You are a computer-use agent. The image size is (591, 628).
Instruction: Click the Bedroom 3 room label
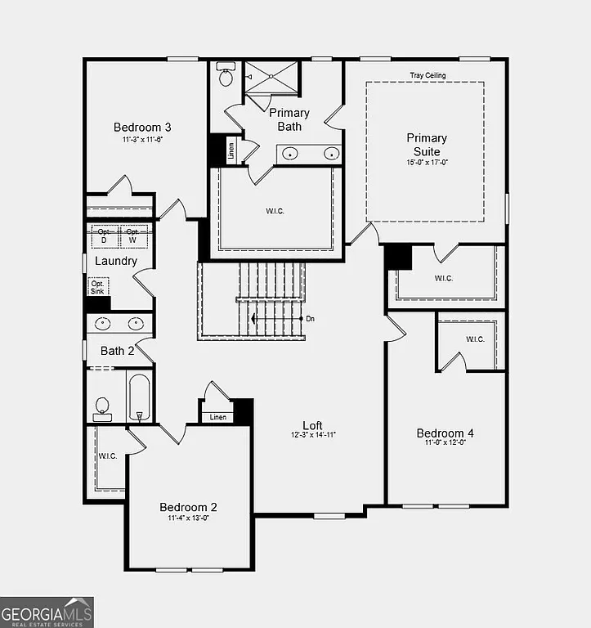click(142, 127)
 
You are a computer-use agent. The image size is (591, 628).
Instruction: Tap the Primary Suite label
click(427, 145)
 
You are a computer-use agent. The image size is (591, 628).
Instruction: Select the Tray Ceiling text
click(428, 76)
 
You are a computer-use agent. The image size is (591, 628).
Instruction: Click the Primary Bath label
click(289, 119)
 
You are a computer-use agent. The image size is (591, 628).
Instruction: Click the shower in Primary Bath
click(273, 78)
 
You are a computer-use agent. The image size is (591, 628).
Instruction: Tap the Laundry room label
click(116, 261)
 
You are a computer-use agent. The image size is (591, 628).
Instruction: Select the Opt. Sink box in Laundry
click(97, 286)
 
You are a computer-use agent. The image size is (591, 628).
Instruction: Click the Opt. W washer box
click(132, 236)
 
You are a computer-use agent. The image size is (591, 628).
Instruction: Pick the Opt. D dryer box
click(104, 236)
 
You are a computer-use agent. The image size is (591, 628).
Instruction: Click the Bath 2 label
click(117, 351)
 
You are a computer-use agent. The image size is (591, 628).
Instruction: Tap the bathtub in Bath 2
click(139, 397)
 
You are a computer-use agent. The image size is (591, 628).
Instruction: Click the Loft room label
click(312, 425)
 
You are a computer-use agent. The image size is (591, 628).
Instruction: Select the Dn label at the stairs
click(310, 318)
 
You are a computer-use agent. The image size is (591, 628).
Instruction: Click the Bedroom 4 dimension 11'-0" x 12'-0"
click(445, 443)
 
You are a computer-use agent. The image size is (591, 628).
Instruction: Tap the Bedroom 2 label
click(188, 507)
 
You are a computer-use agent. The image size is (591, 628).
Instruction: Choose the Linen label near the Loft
click(217, 417)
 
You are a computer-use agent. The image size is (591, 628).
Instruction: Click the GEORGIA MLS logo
click(47, 612)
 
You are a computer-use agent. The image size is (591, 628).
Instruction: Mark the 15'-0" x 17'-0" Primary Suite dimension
click(427, 163)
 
